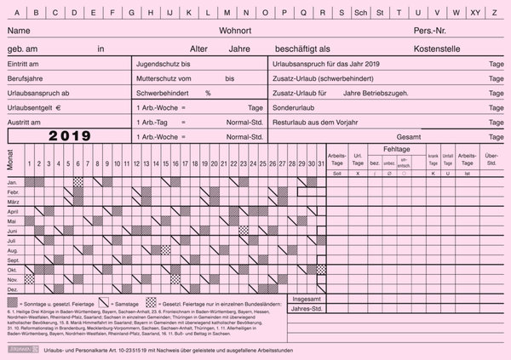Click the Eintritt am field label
click(26, 64)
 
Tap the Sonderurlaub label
click(293, 108)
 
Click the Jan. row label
click(13, 182)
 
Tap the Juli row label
click(13, 242)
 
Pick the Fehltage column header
click(396, 148)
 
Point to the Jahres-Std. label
click(307, 311)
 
